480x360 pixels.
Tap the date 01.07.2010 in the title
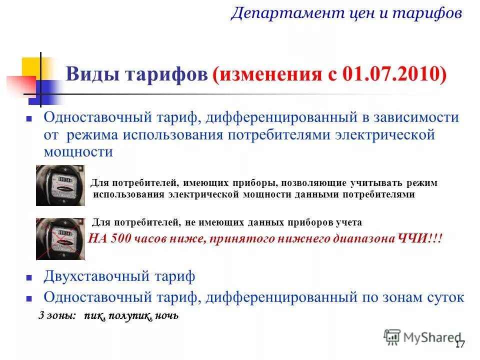pos(394,75)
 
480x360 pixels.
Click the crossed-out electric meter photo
pos(60,238)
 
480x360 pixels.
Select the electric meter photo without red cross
pos(60,185)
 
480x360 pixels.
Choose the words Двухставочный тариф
pos(119,276)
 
